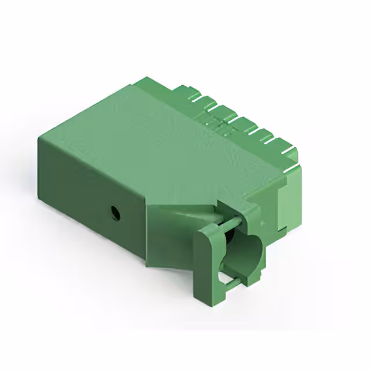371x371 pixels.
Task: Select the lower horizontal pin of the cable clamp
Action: (230, 282)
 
